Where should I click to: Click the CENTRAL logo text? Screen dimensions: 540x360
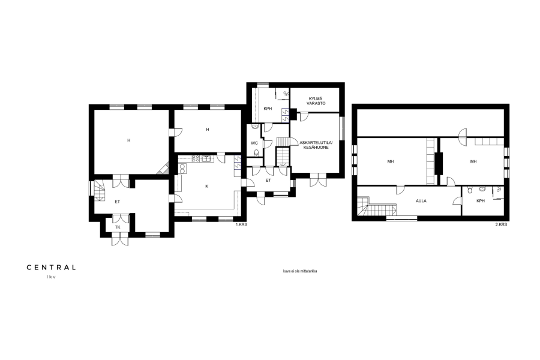[x=52, y=268]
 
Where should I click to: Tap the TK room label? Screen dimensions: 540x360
[x=118, y=227]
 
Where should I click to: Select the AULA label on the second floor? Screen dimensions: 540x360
[x=421, y=201]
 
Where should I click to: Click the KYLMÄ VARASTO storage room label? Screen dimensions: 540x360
[x=316, y=101]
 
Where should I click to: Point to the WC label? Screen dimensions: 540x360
[x=254, y=143]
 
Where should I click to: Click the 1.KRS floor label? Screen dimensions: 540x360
[x=241, y=224]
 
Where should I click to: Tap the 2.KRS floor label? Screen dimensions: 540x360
[x=502, y=224]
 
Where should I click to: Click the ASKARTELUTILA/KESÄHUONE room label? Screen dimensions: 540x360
[x=316, y=145]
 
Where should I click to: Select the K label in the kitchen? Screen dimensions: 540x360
[x=206, y=187]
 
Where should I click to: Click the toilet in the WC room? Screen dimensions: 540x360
[x=256, y=152]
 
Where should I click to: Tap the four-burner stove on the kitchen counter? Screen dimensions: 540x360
[x=196, y=159]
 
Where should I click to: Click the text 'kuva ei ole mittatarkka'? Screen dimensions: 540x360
[x=300, y=271]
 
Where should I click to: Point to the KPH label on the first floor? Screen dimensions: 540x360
[x=268, y=109]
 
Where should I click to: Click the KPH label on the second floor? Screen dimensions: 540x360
[x=481, y=201]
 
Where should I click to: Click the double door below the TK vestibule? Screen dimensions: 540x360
[x=120, y=239]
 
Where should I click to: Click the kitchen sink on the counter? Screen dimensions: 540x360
[x=206, y=159]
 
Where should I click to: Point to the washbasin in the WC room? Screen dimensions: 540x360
[x=255, y=127]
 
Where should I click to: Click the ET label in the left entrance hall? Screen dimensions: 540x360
[x=118, y=202]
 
